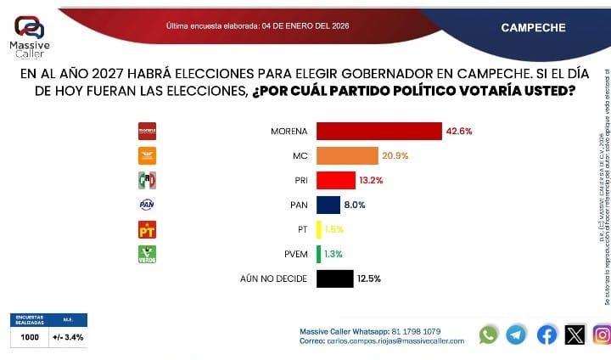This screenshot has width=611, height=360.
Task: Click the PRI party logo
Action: (x=148, y=180)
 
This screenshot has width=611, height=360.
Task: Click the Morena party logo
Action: (x=148, y=131)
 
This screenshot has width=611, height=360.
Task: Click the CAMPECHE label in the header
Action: (x=533, y=27)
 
